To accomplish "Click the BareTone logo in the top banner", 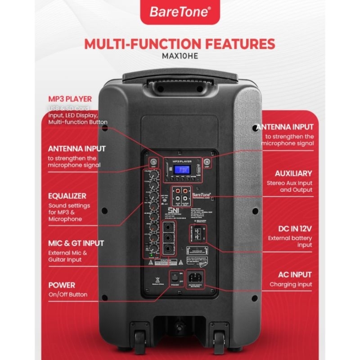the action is [180, 12].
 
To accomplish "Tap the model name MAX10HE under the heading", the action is [180, 56].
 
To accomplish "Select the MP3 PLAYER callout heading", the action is [70, 99].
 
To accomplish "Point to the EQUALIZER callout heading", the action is [67, 196].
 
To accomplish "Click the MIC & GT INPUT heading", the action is [76, 243].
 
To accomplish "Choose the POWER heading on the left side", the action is [62, 285].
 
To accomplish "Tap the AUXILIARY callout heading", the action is [293, 173].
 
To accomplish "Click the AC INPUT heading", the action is [294, 274].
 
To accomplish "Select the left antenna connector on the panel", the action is [153, 162].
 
